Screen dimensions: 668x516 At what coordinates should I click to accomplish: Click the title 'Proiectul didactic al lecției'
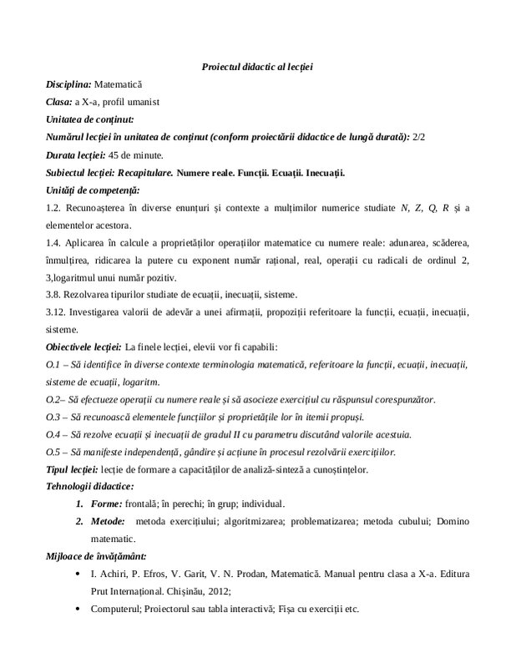pyautogui.click(x=257, y=67)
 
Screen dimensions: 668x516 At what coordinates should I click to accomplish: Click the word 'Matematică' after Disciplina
pyautogui.click(x=119, y=85)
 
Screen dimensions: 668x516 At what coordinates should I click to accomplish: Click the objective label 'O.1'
pyautogui.click(x=54, y=364)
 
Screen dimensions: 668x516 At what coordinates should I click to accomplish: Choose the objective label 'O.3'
pyautogui.click(x=54, y=417)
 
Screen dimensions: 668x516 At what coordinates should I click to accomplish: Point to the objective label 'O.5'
pyautogui.click(x=54, y=452)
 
